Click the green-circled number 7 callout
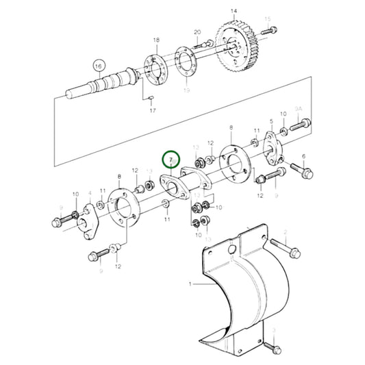click(171, 160)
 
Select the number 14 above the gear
click(234, 11)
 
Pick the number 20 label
click(197, 32)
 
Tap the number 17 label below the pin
click(153, 110)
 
